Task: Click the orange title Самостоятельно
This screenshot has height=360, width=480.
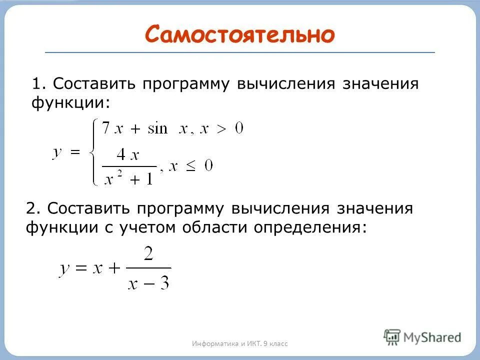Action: (x=239, y=34)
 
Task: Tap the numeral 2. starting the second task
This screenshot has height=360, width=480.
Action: (x=33, y=208)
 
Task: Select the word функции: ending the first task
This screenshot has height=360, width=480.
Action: (x=70, y=103)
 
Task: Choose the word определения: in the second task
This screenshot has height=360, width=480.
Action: (x=310, y=228)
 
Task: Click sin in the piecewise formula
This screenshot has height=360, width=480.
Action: (x=159, y=129)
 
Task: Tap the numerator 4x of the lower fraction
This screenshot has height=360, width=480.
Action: (x=127, y=155)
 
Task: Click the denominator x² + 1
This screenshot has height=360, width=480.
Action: (x=128, y=178)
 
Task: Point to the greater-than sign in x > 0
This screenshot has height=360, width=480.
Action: (x=220, y=129)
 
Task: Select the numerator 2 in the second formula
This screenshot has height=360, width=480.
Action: (x=148, y=254)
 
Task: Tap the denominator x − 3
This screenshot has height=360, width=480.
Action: (x=148, y=283)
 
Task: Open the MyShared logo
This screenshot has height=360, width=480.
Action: (x=422, y=336)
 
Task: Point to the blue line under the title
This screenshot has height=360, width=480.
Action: (x=240, y=52)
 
